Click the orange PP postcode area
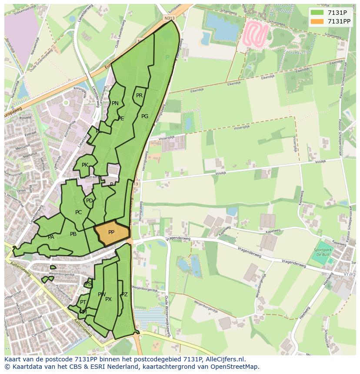[112, 233]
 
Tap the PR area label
[139, 96]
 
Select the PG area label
[145, 116]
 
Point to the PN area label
[115, 103]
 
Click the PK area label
[85, 165]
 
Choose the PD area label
[89, 201]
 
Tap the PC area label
[78, 212]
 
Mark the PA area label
[51, 237]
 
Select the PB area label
[73, 234]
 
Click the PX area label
[108, 299]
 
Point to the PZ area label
[124, 295]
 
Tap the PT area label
[83, 302]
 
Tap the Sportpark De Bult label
[322, 252]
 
